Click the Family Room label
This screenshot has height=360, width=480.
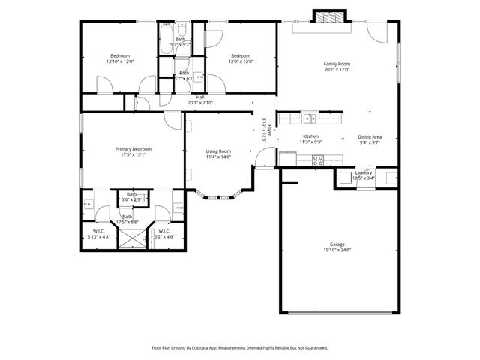tap(337, 64)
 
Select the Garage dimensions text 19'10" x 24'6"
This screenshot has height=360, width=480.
tap(337, 250)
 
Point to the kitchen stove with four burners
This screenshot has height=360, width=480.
tap(317, 158)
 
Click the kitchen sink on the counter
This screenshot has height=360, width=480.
tap(308, 118)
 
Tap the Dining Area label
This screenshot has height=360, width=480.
tap(370, 136)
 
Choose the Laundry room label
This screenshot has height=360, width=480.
tap(364, 172)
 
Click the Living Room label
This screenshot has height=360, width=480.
tap(218, 151)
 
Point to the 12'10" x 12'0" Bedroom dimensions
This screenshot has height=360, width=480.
tap(120, 61)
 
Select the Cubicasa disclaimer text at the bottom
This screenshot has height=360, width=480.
tap(239, 347)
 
